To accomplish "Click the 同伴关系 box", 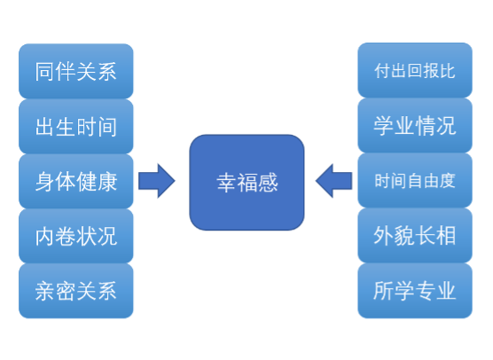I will point(76,71).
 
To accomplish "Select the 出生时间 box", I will point(76,126).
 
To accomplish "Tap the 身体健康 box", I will point(76,181).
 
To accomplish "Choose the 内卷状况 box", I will point(76,236).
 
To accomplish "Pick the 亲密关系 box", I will point(76,290).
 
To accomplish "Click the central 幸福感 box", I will point(246,182).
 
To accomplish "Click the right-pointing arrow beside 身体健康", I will point(157,181).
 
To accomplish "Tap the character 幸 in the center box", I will point(226,182).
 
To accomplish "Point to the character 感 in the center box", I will point(267,182).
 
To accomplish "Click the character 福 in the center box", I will point(246,182).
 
